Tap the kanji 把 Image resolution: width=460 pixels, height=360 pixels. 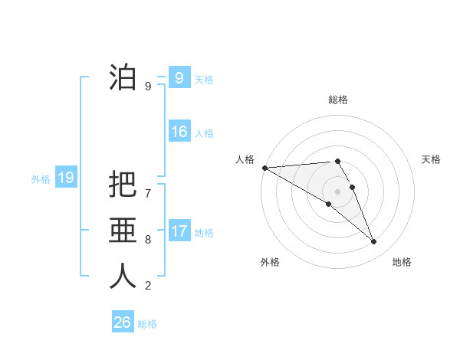pyautogui.click(x=123, y=185)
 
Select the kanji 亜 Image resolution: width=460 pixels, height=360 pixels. pyautogui.click(x=123, y=231)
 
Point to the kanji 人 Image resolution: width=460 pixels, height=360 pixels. pyautogui.click(x=123, y=277)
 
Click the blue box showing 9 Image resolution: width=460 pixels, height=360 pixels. pyautogui.click(x=179, y=77)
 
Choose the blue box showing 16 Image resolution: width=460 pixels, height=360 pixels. pyautogui.click(x=179, y=132)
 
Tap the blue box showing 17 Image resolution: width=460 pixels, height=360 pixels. pyautogui.click(x=179, y=231)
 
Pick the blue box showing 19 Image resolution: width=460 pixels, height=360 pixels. pyautogui.click(x=65, y=178)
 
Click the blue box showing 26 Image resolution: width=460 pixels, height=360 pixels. pyautogui.click(x=122, y=322)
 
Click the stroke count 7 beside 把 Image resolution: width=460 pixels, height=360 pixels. pyautogui.click(x=148, y=194)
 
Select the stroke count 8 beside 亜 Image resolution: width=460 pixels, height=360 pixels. pyautogui.click(x=148, y=240)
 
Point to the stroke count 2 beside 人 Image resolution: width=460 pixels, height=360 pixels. pyautogui.click(x=148, y=286)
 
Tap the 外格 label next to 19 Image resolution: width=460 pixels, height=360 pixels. pyautogui.click(x=41, y=179)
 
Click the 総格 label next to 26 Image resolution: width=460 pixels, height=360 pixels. pyautogui.click(x=147, y=324)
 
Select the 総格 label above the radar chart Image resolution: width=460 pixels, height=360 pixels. pyautogui.click(x=337, y=100)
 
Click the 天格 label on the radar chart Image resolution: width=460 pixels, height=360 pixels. pyautogui.click(x=432, y=159)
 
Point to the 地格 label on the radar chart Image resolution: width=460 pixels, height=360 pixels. pyautogui.click(x=402, y=262)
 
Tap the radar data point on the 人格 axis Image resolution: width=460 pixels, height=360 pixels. pyautogui.click(x=264, y=168)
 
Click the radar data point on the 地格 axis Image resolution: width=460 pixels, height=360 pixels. pyautogui.click(x=374, y=242)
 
